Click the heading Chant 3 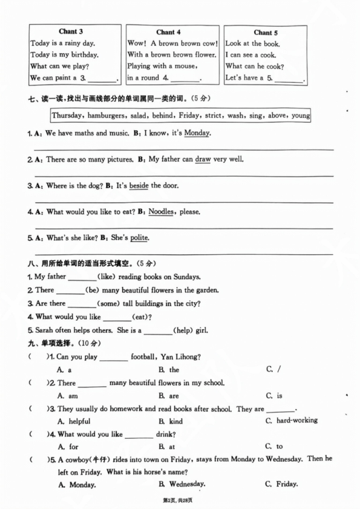tap(71, 31)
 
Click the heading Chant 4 tap(168, 32)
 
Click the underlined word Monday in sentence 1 tap(197, 133)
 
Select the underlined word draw tap(203, 159)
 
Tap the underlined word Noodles tap(161, 212)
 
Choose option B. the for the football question tap(169, 369)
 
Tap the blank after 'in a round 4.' tap(185, 79)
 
